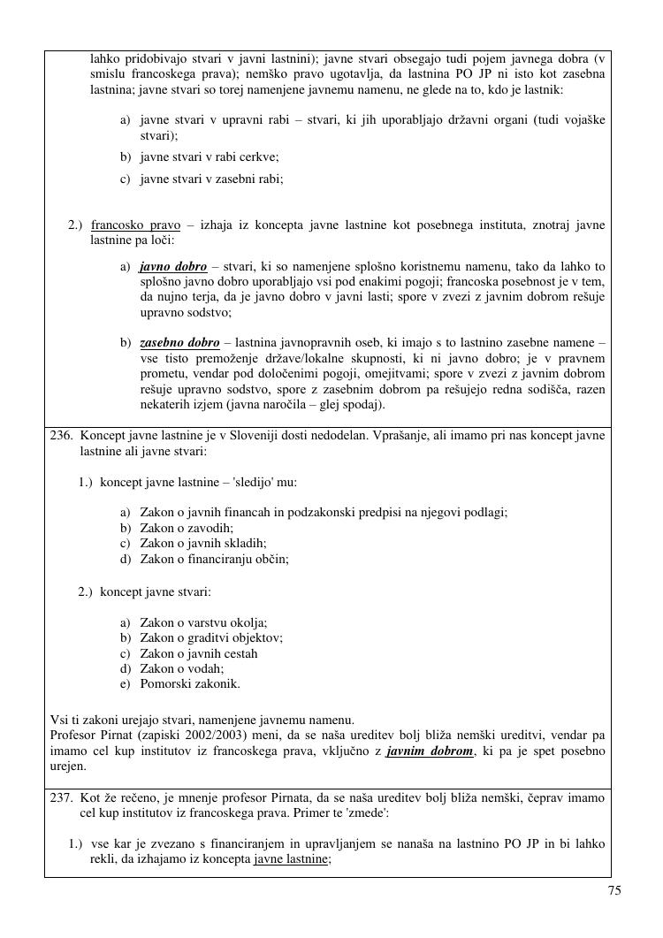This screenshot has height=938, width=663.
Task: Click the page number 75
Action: (x=614, y=891)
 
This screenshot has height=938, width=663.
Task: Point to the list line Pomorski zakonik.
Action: (x=190, y=683)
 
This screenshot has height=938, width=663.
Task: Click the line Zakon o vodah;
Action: (x=182, y=668)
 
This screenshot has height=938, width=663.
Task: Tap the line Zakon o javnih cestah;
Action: (x=199, y=653)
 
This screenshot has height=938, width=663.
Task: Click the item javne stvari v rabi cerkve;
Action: (x=210, y=157)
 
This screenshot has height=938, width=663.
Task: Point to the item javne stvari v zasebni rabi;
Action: (x=212, y=179)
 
